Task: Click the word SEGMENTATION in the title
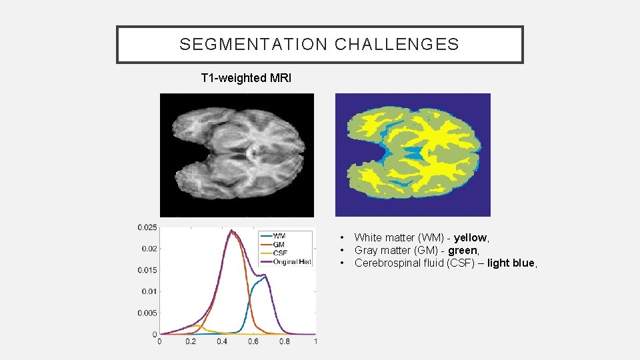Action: (x=254, y=45)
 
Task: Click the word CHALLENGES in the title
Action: (x=397, y=45)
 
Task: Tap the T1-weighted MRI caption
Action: (x=246, y=78)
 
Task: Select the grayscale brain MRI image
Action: (x=237, y=155)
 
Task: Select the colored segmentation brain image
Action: (x=413, y=155)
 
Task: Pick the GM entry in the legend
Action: (x=279, y=245)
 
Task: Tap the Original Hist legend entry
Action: (x=292, y=262)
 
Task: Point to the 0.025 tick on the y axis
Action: (x=147, y=227)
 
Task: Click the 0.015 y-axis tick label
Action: (x=147, y=270)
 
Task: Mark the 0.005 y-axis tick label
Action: (x=147, y=313)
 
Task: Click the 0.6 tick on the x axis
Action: (x=253, y=341)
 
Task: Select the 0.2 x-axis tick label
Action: (x=190, y=341)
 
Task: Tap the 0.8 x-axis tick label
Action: (x=284, y=341)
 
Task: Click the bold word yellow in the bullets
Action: (x=471, y=237)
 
